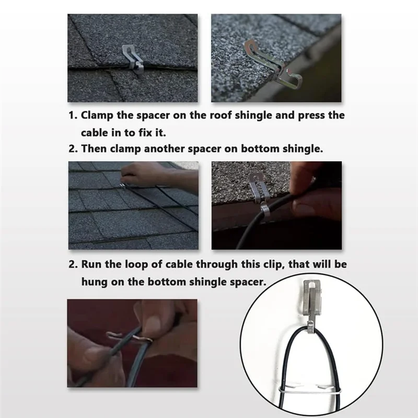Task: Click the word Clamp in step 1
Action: point(97,115)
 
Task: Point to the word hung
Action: point(95,281)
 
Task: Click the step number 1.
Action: point(73,115)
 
